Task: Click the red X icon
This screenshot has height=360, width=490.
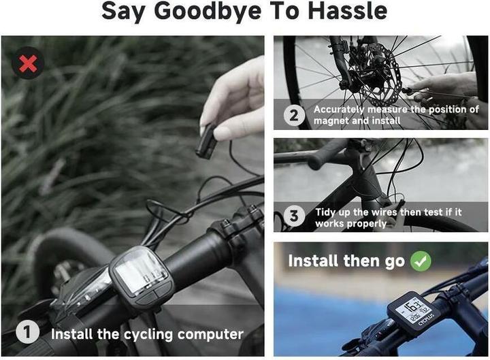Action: pyautogui.click(x=29, y=64)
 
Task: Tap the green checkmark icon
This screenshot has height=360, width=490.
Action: pyautogui.click(x=421, y=261)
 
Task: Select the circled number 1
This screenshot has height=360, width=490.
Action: pyautogui.click(x=27, y=333)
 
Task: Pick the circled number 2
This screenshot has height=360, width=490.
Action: pyautogui.click(x=294, y=114)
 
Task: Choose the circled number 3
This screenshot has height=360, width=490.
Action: pyautogui.click(x=294, y=217)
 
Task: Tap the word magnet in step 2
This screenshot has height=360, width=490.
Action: pyautogui.click(x=331, y=120)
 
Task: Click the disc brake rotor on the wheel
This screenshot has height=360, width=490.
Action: pyautogui.click(x=371, y=68)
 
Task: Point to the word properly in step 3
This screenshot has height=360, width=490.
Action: pyautogui.click(x=367, y=223)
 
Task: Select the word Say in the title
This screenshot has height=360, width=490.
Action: pyautogui.click(x=124, y=12)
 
